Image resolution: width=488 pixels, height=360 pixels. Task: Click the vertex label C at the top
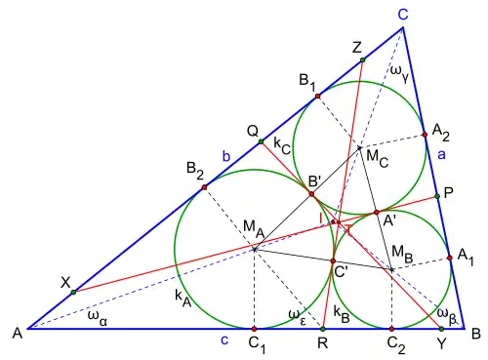click(x=403, y=15)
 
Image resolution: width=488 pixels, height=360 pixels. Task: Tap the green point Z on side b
click(x=363, y=60)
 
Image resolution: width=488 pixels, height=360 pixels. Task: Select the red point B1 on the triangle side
click(x=318, y=96)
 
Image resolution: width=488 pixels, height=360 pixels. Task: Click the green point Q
click(x=261, y=141)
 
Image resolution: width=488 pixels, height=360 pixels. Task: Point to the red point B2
click(x=204, y=187)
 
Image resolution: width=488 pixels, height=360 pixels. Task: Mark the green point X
click(x=74, y=292)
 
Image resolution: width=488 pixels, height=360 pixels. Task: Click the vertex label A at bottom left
click(x=18, y=334)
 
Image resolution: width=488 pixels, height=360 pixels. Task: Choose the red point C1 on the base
click(x=255, y=329)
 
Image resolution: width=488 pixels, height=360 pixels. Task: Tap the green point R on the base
click(x=323, y=329)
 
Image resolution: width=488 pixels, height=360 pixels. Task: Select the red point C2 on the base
click(x=391, y=329)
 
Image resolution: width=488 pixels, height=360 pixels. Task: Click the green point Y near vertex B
click(x=441, y=329)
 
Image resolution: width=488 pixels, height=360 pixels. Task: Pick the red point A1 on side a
click(x=450, y=258)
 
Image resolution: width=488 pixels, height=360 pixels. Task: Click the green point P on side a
click(x=437, y=196)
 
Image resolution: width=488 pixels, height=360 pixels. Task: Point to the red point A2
click(x=425, y=135)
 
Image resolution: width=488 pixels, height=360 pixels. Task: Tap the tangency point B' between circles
click(x=311, y=194)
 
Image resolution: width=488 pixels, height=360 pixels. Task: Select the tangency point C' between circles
click(x=333, y=260)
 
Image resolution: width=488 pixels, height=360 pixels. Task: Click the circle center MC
click(x=359, y=147)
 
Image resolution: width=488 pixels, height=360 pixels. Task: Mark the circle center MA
click(x=255, y=250)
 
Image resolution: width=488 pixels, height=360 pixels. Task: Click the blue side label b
click(x=226, y=156)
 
